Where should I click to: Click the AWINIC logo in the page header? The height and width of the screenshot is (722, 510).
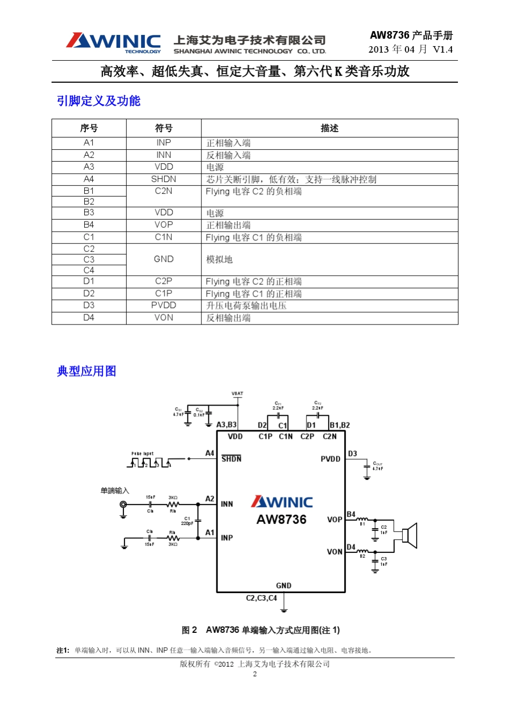coord(113,42)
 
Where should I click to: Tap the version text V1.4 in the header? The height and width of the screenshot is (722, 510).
coord(442,49)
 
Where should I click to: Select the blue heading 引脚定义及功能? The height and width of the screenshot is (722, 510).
coord(98,101)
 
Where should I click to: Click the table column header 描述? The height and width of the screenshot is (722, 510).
coord(329,128)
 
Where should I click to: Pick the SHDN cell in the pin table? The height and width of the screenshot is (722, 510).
coord(164,179)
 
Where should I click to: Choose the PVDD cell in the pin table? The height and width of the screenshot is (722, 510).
coord(164,306)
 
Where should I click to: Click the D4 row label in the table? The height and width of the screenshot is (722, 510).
coord(89,318)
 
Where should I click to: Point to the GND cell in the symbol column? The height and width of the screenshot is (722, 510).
coord(164,259)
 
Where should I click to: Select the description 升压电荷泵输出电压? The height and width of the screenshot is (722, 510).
coord(246,306)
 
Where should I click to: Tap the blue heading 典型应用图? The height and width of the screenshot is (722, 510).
coord(86,371)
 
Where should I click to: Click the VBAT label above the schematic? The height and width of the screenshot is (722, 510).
coord(237,394)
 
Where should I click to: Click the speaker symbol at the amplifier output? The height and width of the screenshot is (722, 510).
coord(410,536)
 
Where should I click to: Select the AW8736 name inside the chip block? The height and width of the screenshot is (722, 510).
coord(281,519)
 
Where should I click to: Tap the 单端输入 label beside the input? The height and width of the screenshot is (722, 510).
coord(115,490)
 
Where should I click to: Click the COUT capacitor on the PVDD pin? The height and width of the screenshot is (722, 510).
coord(367,466)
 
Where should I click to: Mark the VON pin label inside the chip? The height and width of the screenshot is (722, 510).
coord(334,552)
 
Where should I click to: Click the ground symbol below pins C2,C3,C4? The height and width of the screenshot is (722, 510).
coord(284,609)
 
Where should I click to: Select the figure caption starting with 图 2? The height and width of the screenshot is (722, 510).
coord(260,630)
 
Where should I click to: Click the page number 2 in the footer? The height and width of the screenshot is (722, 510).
coord(255,674)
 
